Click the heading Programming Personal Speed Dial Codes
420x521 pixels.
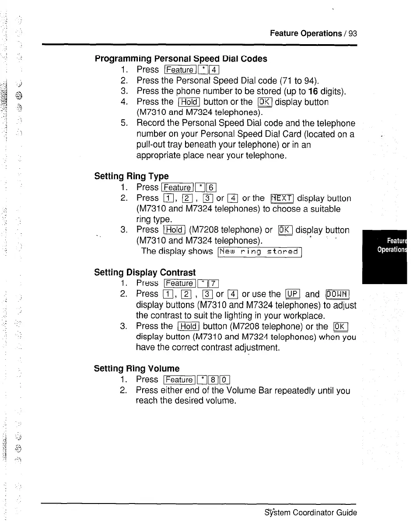tap(181, 59)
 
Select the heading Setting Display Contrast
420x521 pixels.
tap(145, 272)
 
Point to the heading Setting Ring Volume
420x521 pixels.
tap(136, 368)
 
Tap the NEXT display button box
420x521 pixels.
tap(282, 198)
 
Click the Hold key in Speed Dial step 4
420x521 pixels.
tap(189, 102)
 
